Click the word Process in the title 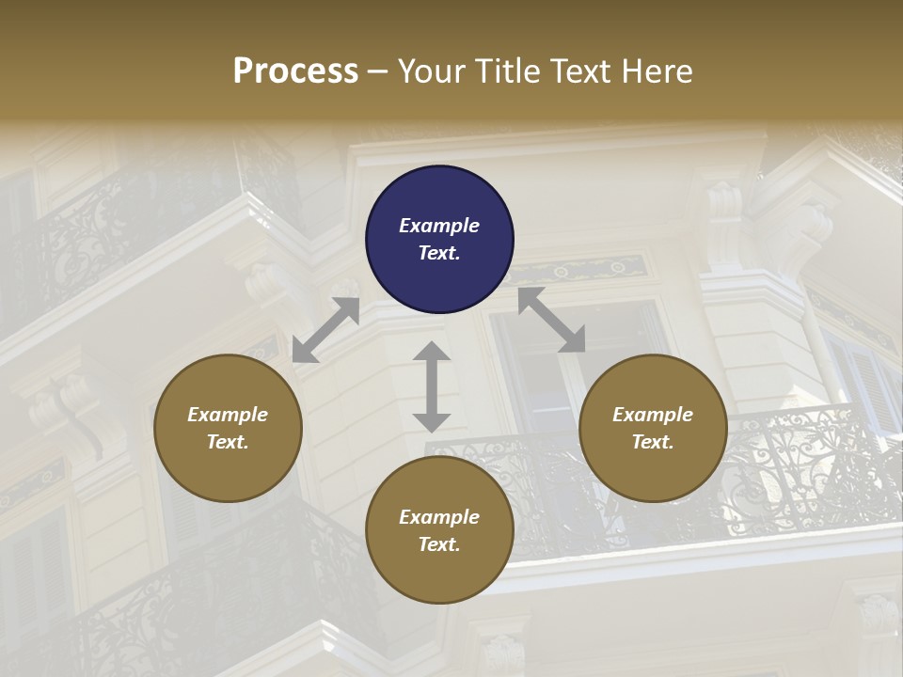tap(295, 71)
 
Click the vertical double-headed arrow tap(432, 386)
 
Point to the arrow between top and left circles tap(325, 330)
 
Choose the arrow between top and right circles tap(551, 320)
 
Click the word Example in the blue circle tap(439, 226)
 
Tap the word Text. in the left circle tap(228, 442)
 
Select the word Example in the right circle tap(653, 415)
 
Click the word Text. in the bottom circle tap(439, 544)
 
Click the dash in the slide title tap(378, 72)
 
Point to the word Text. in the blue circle tap(439, 253)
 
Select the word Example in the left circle tap(228, 415)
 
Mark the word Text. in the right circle tap(653, 442)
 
